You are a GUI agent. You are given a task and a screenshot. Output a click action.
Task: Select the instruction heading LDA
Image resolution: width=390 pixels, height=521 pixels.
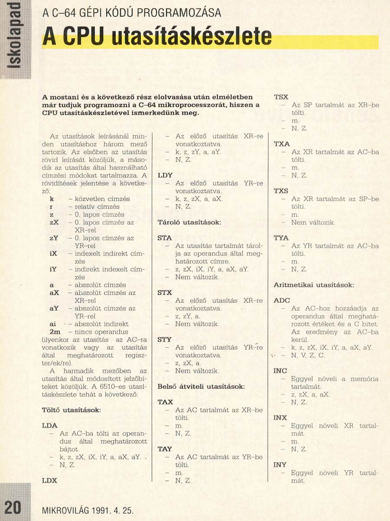pos(50,425)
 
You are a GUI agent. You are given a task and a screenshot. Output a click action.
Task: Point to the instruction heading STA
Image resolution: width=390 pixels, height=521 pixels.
pos(165,238)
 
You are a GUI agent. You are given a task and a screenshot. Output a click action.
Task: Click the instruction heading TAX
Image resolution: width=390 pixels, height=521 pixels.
pos(165,402)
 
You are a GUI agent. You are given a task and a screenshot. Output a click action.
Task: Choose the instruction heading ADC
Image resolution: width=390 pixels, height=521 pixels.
pos(282,300)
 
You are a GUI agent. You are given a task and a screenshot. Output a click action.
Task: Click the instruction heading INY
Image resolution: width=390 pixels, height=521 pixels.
pos(280,465)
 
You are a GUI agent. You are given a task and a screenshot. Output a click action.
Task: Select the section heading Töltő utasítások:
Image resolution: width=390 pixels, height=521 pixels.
pos(71,409)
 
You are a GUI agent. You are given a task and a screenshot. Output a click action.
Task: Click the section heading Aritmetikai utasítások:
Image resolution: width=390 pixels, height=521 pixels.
pos(314,285)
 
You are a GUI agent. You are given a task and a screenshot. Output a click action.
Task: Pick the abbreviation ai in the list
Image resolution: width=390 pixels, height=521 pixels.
pos(53,324)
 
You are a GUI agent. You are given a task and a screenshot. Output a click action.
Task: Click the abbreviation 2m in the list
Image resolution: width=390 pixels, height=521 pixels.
pos(55,332)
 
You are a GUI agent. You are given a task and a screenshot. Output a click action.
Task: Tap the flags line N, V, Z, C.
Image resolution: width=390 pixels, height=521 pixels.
pos(308,355)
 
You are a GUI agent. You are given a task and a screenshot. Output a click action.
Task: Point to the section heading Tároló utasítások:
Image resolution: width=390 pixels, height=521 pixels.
pos(189,222)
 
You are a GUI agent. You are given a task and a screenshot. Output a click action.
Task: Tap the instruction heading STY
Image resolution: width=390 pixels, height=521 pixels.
pos(165,340)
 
